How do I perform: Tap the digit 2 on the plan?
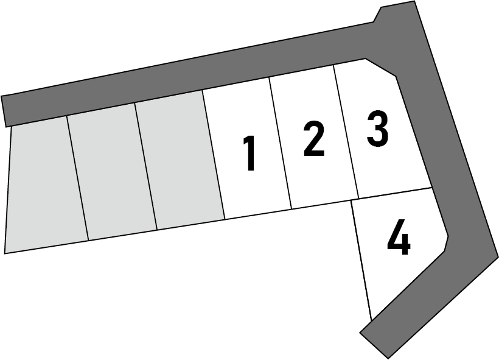(314, 139)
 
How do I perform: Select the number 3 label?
(378, 129)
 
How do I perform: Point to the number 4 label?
(399, 237)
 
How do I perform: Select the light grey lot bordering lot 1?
(180, 160)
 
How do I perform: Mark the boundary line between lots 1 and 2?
(281, 143)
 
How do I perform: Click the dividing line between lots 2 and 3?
(346, 132)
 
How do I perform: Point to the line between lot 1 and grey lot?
(214, 155)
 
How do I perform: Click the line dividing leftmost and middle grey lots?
(77, 178)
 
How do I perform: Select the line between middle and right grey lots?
(146, 166)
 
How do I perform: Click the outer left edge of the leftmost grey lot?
(8, 189)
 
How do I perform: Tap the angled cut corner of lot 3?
(380, 67)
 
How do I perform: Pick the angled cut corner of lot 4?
(446, 244)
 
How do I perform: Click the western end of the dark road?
(4, 111)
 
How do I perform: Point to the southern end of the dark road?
(374, 346)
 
